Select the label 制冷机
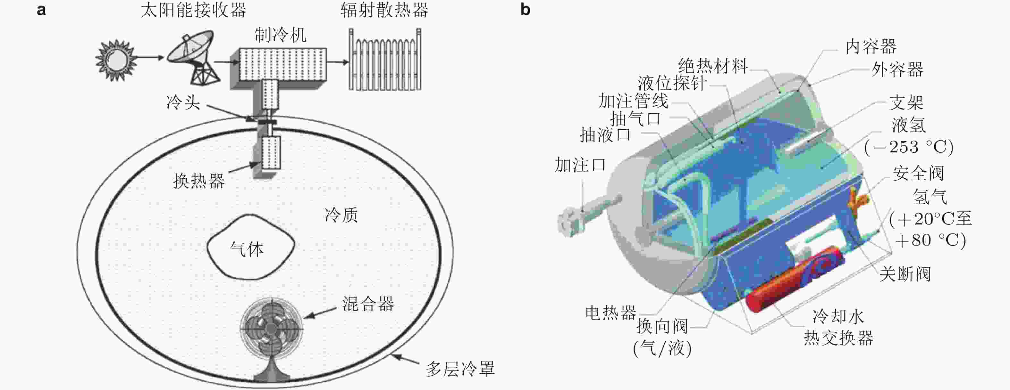coord(280,35)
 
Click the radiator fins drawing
coord(385,59)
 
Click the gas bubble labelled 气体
coord(250,247)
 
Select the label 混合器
coord(368,304)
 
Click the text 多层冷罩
coord(460,369)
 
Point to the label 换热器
coord(199,181)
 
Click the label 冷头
coord(183,102)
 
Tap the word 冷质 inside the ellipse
coord(341,215)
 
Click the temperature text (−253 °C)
coord(909,147)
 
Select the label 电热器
coord(611,313)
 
